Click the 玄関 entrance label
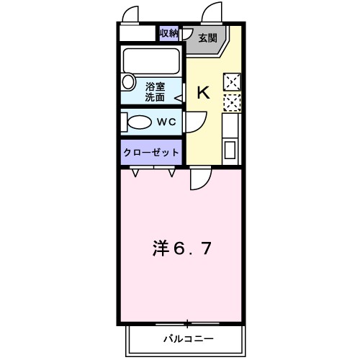(208, 37)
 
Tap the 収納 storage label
(168, 34)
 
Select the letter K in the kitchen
(203, 92)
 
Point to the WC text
(167, 122)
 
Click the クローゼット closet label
(151, 153)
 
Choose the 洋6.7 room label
(181, 248)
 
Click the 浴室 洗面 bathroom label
(155, 91)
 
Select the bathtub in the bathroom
(152, 58)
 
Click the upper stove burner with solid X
(232, 81)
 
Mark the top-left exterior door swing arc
(130, 14)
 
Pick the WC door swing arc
(193, 124)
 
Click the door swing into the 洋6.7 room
(201, 180)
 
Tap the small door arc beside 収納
(186, 34)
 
